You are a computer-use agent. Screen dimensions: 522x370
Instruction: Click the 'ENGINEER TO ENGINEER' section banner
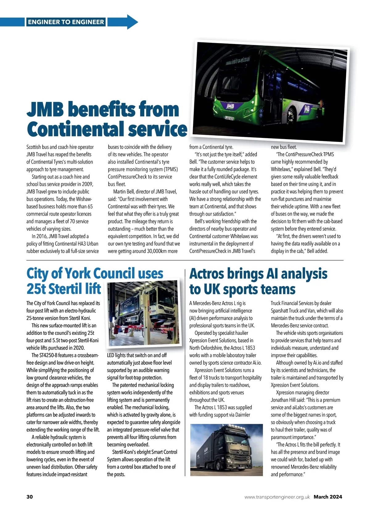pos(66,22)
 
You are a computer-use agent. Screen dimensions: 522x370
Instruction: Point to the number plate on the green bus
pos(228,118)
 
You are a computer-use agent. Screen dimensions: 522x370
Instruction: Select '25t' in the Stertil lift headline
pos(36,289)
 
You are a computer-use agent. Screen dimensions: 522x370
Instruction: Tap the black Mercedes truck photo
pos(227,450)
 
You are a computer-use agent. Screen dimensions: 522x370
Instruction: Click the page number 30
pos(30,497)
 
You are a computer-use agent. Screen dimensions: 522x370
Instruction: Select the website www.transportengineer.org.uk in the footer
pos(277,497)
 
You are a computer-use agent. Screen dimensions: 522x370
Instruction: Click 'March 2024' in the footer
pos(328,497)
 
